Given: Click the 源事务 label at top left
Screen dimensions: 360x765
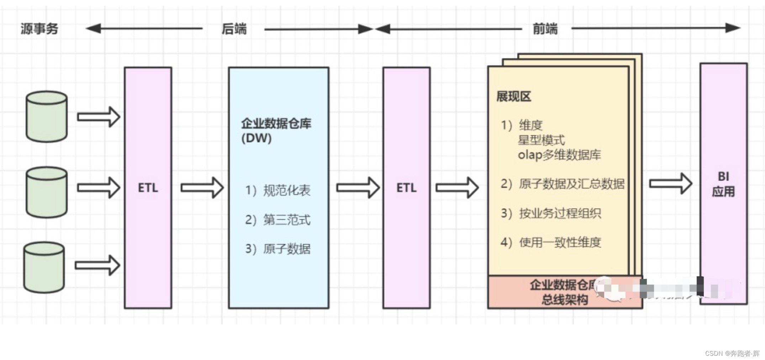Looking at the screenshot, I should tap(39, 28).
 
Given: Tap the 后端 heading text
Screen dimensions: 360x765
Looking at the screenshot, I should tap(234, 29).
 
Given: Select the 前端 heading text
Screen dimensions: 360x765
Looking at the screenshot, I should tap(545, 29).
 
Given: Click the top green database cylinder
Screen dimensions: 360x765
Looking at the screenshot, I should tap(47, 117).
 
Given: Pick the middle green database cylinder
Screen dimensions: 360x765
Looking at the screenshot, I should tap(47, 192).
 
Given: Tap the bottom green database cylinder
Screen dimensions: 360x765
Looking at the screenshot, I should tap(44, 267).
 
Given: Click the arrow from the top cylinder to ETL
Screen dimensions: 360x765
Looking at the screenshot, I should tap(99, 117).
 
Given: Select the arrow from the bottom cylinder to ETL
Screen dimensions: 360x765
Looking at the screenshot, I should tap(97, 265).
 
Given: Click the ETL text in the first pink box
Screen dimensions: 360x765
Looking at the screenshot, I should tap(148, 188).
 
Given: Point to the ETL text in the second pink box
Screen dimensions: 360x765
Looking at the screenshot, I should tap(406, 188).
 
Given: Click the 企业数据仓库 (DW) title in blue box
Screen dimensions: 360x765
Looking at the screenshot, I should tap(276, 130).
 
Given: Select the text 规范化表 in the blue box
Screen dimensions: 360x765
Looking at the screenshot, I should tap(286, 191).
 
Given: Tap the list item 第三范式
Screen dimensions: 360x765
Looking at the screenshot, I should tap(286, 220).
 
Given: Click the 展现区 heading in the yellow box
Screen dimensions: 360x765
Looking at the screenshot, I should tap(513, 96).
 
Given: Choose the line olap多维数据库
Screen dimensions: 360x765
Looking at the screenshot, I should tap(559, 155).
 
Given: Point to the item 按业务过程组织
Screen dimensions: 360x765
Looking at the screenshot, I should tap(560, 213).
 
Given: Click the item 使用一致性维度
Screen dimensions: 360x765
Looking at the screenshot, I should tap(560, 242).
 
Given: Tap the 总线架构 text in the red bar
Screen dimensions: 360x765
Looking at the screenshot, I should tap(564, 300).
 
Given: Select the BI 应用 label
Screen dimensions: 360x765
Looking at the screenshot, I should tap(723, 184).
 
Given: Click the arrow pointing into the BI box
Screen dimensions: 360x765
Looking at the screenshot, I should tap(670, 184).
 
